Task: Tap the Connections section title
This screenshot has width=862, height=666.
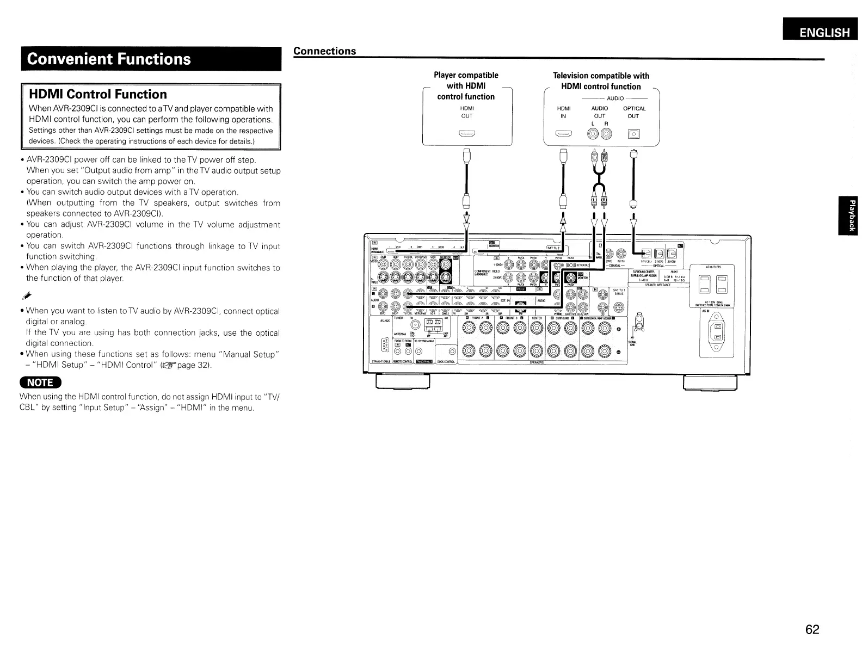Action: (324, 51)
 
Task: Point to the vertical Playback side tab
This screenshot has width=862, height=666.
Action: (848, 215)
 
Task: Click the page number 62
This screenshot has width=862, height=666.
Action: (812, 630)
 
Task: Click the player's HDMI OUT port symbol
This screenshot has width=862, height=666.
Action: (466, 133)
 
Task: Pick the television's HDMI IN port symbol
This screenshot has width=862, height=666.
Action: (563, 133)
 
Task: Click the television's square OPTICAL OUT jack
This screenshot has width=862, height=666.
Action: (634, 134)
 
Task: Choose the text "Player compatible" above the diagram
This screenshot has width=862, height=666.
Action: (466, 75)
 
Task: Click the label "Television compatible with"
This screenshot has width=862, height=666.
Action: (601, 76)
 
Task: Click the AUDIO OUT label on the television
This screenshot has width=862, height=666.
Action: (599, 112)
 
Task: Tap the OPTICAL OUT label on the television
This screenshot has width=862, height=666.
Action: (634, 112)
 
